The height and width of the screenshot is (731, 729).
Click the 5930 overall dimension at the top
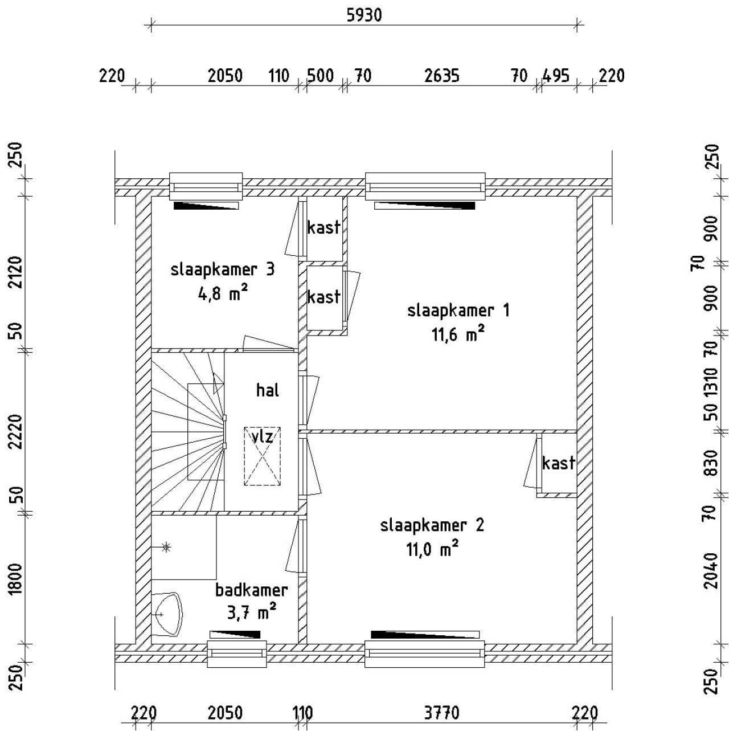pyautogui.click(x=364, y=15)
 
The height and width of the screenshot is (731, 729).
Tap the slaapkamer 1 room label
pyautogui.click(x=458, y=311)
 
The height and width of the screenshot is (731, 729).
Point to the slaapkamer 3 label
pyautogui.click(x=222, y=269)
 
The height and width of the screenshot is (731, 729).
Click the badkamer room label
pyautogui.click(x=251, y=590)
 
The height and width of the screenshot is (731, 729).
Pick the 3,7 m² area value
pyautogui.click(x=252, y=612)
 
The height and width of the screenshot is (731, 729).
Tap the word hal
pyautogui.click(x=268, y=390)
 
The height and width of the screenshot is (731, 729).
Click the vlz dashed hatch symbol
pyautogui.click(x=263, y=456)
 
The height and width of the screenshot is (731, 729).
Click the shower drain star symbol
pyautogui.click(x=166, y=548)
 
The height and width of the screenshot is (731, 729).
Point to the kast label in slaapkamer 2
pyautogui.click(x=558, y=463)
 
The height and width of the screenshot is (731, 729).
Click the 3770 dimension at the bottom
pyautogui.click(x=441, y=713)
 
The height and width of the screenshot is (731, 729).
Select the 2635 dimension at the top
pyautogui.click(x=441, y=75)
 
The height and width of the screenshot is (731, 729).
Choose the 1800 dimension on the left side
pyautogui.click(x=15, y=579)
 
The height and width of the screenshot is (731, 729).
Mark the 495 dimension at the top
pyautogui.click(x=555, y=75)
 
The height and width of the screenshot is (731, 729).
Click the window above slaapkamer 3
pyautogui.click(x=206, y=187)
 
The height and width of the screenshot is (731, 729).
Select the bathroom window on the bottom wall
pyautogui.click(x=236, y=654)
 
